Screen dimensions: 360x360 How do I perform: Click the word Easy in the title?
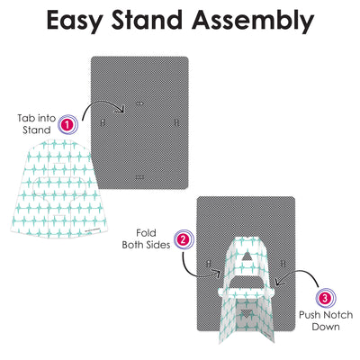pyautogui.click(x=75, y=21)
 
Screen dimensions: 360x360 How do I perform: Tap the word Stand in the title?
pyautogui.click(x=147, y=20)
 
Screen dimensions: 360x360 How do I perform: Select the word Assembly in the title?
pyautogui.click(x=253, y=21)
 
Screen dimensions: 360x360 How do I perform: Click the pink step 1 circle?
pyautogui.click(x=67, y=124)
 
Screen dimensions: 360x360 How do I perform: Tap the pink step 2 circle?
pyautogui.click(x=184, y=239)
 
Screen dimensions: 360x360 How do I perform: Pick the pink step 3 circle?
pyautogui.click(x=326, y=298)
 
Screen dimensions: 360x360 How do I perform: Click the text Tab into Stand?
pyautogui.click(x=37, y=124)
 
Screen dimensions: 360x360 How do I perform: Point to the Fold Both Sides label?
pyautogui.click(x=146, y=238)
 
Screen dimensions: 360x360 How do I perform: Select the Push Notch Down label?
pyautogui.click(x=326, y=320)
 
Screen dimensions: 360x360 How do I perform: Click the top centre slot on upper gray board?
pyautogui.click(x=139, y=103)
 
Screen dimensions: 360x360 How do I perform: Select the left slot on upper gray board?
pyautogui.click(x=103, y=122)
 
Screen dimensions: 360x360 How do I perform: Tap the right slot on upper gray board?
pyautogui.click(x=176, y=122)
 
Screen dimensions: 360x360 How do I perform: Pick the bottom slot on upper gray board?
pyautogui.click(x=139, y=177)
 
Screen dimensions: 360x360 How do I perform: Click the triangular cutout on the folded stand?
pyautogui.click(x=247, y=256)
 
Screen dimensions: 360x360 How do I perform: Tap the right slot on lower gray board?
pyautogui.click(x=283, y=264)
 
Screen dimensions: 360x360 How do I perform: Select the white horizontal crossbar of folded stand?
pyautogui.click(x=247, y=291)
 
